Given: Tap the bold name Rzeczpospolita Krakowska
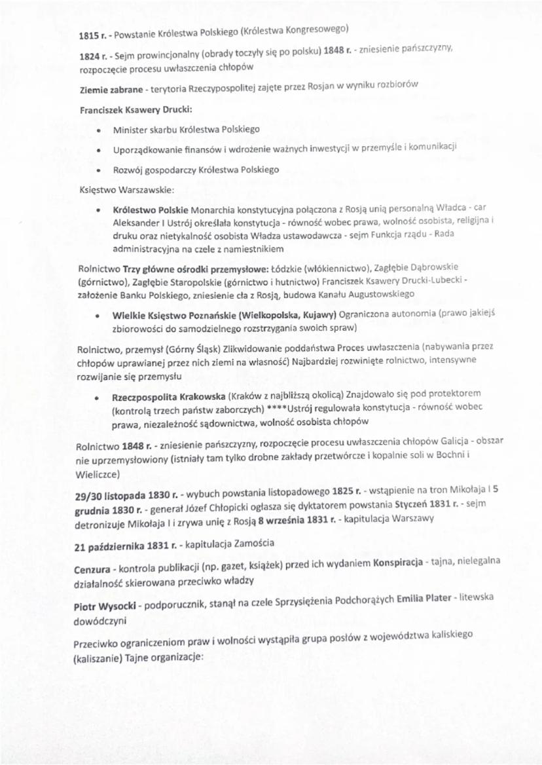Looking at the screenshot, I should [169, 397].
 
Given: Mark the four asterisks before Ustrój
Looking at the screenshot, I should [275, 411].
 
